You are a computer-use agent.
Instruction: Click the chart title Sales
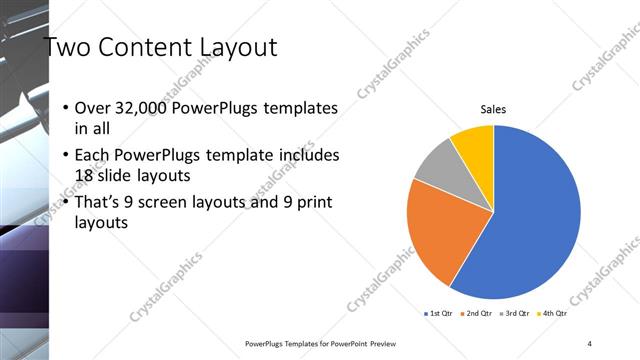click(x=493, y=108)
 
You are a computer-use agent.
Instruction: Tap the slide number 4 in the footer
click(x=590, y=343)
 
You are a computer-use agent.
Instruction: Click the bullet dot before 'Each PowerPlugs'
click(x=65, y=156)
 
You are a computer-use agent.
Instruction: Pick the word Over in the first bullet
click(x=94, y=108)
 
